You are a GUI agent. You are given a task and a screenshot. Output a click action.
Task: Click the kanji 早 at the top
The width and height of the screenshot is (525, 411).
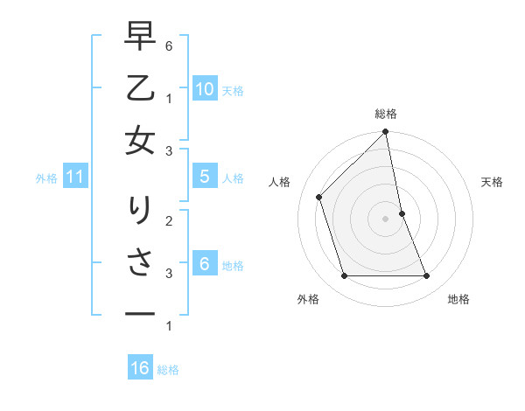tap(141, 38)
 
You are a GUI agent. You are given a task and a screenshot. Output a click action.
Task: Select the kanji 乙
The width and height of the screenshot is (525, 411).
tap(141, 89)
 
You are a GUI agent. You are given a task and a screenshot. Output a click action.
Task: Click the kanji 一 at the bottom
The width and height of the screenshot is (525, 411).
tap(141, 313)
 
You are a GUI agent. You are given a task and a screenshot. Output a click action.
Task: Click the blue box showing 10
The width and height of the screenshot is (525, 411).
tap(204, 88)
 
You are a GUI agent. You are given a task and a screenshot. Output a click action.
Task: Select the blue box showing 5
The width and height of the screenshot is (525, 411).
tap(204, 177)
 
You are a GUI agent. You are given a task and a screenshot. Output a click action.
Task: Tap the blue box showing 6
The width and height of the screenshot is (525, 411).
tap(204, 263)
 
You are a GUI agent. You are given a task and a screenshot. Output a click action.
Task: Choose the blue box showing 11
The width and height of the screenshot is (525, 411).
tap(74, 177)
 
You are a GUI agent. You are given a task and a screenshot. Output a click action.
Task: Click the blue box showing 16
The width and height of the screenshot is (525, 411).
tap(140, 368)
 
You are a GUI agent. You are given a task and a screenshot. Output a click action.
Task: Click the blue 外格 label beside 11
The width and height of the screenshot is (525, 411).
tap(46, 178)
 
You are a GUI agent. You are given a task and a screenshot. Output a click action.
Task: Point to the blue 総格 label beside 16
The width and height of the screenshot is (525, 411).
tap(168, 370)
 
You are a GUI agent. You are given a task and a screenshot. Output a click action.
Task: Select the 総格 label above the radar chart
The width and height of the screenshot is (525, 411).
tap(386, 114)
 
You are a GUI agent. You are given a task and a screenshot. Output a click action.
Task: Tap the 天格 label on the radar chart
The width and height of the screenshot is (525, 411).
tap(492, 182)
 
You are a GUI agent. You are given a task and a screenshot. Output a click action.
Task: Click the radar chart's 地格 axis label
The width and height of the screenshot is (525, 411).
tap(458, 299)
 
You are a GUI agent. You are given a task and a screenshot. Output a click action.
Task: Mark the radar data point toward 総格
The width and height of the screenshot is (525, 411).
tap(386, 133)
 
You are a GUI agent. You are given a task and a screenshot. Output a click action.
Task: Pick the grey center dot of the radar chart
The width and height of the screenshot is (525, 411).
tap(386, 219)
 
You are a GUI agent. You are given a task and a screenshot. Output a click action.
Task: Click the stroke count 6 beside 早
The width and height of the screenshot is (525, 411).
tap(168, 45)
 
